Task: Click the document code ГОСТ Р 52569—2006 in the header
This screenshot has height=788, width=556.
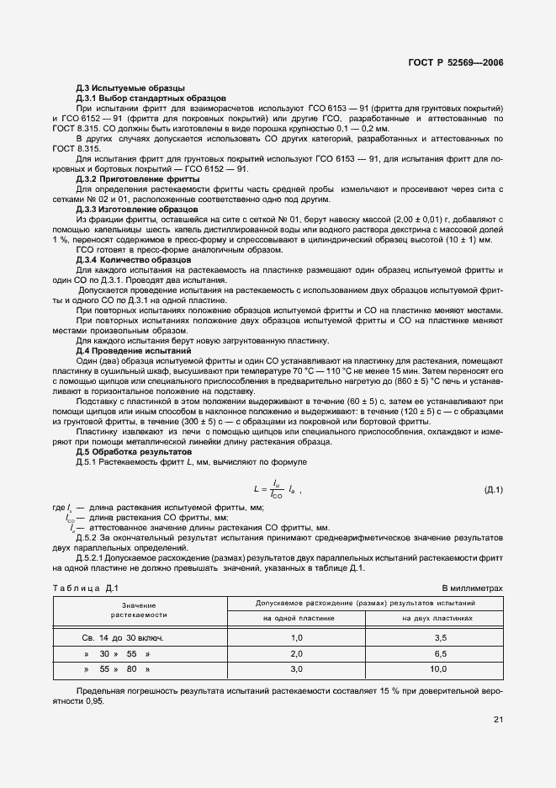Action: (x=456, y=63)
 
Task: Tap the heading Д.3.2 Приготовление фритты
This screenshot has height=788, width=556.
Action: (x=137, y=179)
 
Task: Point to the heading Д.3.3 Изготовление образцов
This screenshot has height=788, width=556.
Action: (x=136, y=208)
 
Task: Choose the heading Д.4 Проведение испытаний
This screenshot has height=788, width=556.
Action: (x=133, y=349)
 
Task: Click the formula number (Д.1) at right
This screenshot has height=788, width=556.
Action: (x=493, y=489)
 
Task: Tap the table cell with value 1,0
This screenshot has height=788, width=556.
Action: (x=295, y=637)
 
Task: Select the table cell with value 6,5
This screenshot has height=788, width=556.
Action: (x=437, y=653)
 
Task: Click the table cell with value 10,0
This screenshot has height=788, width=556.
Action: (x=437, y=669)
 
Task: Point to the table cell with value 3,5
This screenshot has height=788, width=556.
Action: (x=437, y=637)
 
